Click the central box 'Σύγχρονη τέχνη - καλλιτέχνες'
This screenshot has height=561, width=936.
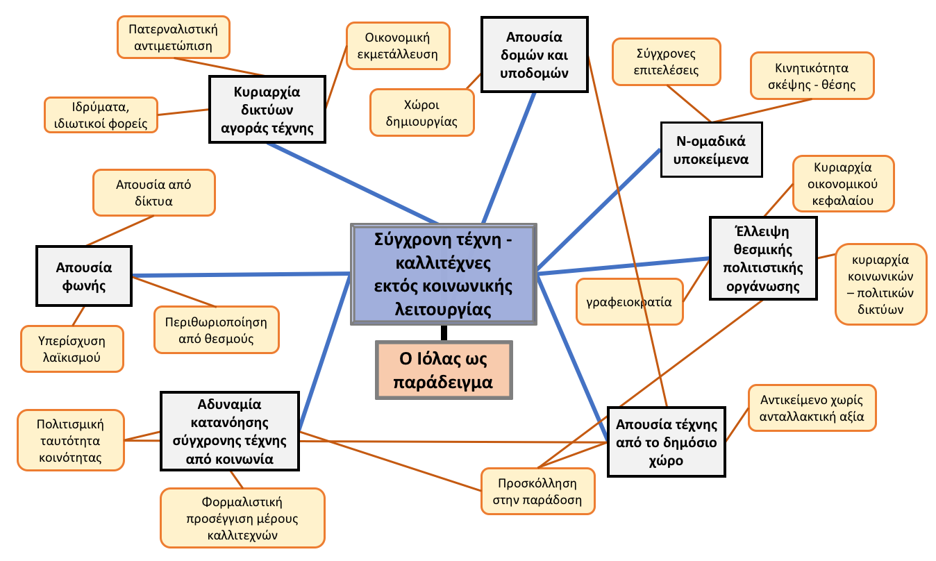[x=444, y=274]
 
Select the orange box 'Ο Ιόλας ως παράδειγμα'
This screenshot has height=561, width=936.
[x=444, y=369]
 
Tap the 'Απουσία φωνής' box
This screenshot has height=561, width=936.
[x=84, y=276]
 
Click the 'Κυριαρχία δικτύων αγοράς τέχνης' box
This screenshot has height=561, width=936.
[x=267, y=110]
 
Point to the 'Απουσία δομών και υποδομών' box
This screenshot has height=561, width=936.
[x=533, y=54]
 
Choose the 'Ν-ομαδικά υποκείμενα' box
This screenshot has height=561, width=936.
[x=711, y=149]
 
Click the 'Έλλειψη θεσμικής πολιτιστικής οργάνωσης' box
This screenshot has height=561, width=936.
[x=762, y=258]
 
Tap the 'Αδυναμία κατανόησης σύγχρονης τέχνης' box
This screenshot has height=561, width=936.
[x=229, y=430]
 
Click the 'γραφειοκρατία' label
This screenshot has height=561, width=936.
[x=630, y=302]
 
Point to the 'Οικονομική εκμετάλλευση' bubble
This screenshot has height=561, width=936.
[x=397, y=46]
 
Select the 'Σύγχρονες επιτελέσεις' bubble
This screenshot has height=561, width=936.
[x=667, y=62]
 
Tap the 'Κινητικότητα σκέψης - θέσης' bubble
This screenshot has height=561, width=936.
[x=812, y=76]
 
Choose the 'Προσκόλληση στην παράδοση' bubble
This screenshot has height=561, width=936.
[x=538, y=491]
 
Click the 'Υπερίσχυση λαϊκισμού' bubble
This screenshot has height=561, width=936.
[x=72, y=349]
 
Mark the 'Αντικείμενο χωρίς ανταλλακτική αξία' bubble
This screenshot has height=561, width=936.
[x=812, y=408]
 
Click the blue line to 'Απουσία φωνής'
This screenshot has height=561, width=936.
[x=240, y=274]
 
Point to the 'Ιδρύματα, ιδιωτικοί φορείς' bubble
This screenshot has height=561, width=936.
[x=101, y=115]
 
